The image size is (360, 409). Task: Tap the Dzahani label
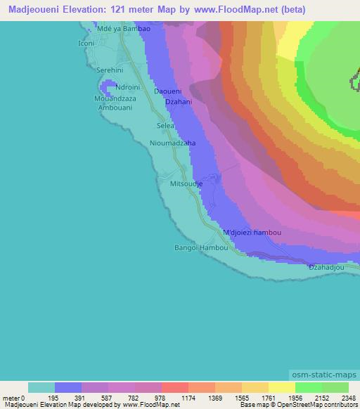point(178,103)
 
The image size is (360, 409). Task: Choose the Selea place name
point(165,126)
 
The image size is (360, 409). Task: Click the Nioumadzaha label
point(172,143)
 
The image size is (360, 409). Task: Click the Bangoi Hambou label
point(201,248)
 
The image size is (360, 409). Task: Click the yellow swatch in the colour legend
point(281,387)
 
